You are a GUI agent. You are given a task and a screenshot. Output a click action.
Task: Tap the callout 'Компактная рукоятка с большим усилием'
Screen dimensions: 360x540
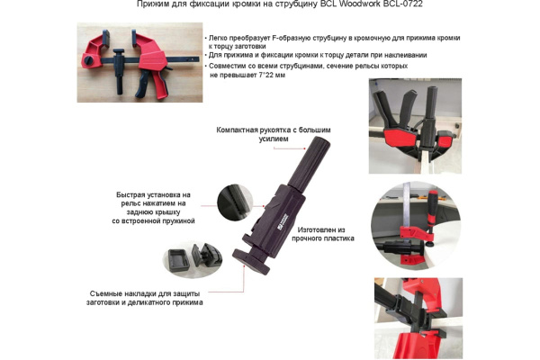click(x=268, y=135)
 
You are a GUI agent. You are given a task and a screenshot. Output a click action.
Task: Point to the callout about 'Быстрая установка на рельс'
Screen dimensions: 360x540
click(x=153, y=207)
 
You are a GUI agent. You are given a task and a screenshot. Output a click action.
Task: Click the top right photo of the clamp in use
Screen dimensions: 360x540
click(x=415, y=126)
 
